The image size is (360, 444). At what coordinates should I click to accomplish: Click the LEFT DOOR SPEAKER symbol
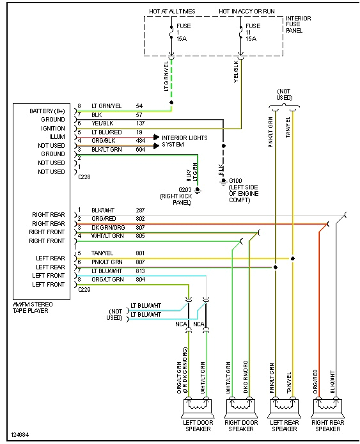[x=197, y=407]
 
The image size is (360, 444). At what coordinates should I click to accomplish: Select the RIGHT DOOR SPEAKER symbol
[x=239, y=407]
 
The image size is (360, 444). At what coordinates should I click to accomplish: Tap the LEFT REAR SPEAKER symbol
[x=283, y=407]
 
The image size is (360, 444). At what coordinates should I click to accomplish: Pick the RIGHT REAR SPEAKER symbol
[x=327, y=407]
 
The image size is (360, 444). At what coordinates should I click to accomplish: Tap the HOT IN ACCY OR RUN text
[x=247, y=11]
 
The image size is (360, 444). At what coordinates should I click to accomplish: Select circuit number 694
[x=141, y=149]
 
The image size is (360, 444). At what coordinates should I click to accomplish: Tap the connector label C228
[x=83, y=177]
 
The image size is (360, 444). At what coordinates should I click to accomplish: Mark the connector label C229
[x=84, y=289]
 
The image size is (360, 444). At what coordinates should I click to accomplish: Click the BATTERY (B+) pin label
[x=47, y=111]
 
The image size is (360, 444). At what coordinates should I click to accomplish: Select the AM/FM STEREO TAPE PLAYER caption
[x=33, y=308]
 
